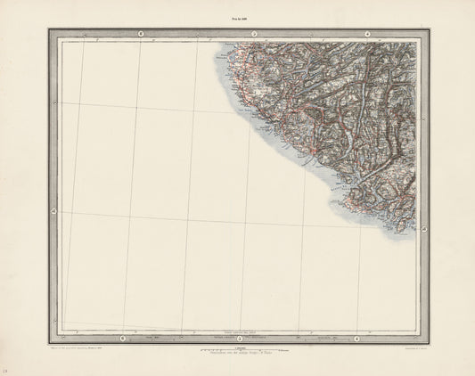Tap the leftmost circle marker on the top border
(x=140, y=34)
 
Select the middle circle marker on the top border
(x=253, y=34)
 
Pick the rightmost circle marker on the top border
(x=356, y=34)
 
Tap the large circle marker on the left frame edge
(x=53, y=211)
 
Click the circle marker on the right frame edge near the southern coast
(x=424, y=230)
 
